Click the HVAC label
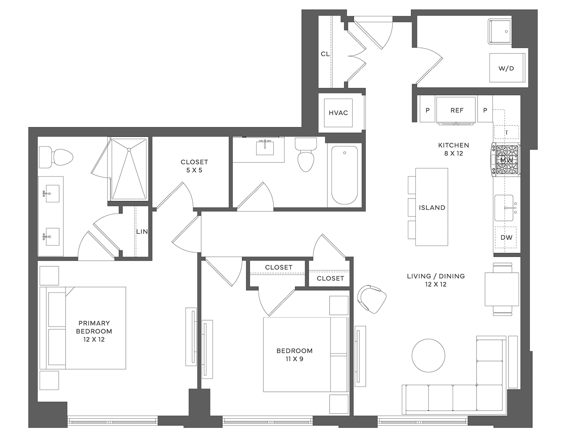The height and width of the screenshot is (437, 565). point(338,113)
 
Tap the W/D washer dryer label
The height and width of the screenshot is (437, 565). point(506,68)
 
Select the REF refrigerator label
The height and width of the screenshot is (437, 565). point(457,110)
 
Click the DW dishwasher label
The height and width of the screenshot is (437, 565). point(506,237)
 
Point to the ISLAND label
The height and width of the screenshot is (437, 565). point(432,208)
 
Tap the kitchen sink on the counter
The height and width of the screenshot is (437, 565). point(505,208)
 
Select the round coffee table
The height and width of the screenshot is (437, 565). point(428,355)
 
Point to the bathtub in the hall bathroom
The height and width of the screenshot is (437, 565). point(344,175)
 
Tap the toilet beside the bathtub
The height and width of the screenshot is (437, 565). point(305,156)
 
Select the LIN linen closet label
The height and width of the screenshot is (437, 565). point(142,232)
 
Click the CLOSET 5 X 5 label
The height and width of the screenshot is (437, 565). point(194,166)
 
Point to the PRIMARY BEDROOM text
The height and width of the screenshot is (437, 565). point(94,327)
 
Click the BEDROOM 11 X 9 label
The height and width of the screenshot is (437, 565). point(294,354)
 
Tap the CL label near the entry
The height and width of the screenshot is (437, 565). point(325,54)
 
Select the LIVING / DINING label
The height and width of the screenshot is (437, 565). point(435,280)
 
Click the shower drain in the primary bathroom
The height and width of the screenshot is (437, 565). point(129,150)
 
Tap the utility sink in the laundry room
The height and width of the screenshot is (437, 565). point(500,31)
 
